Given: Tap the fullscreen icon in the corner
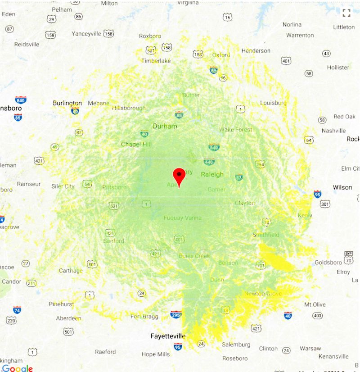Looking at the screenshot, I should point(346,13).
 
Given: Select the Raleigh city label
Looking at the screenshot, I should point(212,174).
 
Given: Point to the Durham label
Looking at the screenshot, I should point(165,126).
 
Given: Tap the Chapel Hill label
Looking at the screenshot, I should point(137,144).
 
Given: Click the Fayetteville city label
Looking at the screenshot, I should point(168,336).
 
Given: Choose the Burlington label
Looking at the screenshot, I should point(67,103).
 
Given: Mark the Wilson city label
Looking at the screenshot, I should point(342,187).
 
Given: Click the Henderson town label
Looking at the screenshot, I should point(256,51).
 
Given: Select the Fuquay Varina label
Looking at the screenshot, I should point(182,218).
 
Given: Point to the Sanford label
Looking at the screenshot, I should point(113,241).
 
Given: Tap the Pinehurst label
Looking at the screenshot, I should point(61,304).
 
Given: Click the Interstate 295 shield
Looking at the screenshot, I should point(176,315).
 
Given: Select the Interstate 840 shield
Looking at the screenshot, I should point(21,100).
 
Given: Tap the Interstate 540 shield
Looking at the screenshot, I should point(214,147).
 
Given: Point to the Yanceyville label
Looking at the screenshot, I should point(86,34).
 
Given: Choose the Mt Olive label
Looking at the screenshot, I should point(315,304).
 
